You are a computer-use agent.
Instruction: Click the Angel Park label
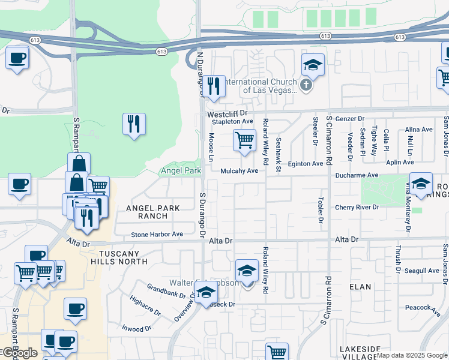[x=181, y=171]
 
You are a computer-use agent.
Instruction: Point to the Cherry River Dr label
[x=357, y=207]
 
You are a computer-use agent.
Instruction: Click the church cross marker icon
[x=306, y=85]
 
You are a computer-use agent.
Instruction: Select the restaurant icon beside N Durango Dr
[x=214, y=86]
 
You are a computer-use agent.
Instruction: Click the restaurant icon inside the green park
[x=133, y=124]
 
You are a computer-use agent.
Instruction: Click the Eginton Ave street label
[x=306, y=163]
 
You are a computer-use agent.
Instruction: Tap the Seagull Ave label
[x=422, y=271]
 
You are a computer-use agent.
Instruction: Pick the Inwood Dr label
[x=137, y=329]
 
